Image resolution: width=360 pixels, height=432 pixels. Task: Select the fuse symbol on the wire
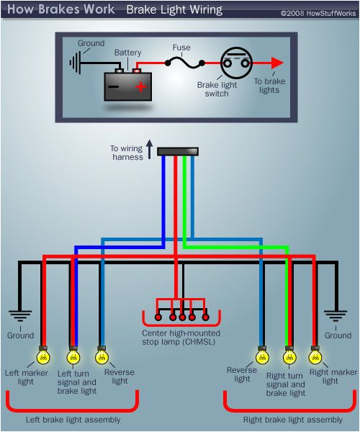click(181, 63)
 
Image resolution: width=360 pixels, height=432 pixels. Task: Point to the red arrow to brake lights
click(274, 63)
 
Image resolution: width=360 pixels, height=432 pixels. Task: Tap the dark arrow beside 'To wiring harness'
click(150, 150)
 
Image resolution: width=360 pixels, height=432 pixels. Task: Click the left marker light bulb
click(44, 356)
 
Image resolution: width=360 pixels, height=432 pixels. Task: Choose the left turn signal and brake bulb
click(73, 356)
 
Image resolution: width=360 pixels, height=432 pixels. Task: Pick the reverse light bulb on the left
click(102, 356)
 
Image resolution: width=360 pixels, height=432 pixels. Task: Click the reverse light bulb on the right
click(261, 356)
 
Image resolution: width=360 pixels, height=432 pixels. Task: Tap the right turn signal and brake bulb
click(289, 356)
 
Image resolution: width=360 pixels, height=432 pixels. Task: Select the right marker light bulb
click(315, 356)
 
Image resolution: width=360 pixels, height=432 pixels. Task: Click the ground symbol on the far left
click(19, 317)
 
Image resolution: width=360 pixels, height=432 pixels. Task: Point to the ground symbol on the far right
click(336, 317)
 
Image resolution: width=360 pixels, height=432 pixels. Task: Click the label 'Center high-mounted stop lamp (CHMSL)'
click(181, 338)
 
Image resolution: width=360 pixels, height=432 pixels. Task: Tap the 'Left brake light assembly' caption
click(73, 420)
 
